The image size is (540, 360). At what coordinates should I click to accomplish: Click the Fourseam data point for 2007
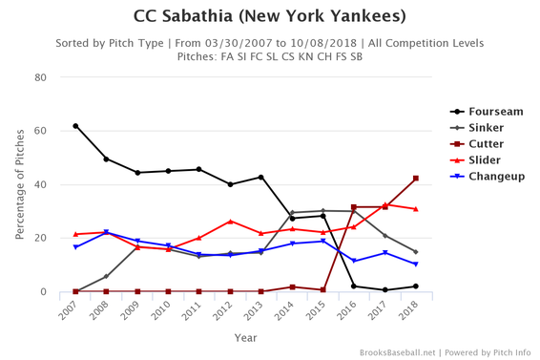(x=75, y=126)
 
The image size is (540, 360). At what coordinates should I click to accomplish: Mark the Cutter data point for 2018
(x=415, y=179)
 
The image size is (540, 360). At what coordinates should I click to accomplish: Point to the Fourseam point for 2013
(x=260, y=178)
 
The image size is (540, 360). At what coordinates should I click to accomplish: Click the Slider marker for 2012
(x=230, y=222)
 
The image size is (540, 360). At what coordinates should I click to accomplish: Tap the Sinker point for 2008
(x=106, y=277)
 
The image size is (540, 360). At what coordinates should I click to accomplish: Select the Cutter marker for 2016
(x=353, y=207)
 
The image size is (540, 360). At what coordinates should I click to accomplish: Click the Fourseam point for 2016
(x=353, y=286)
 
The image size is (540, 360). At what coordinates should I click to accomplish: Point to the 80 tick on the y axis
(x=41, y=77)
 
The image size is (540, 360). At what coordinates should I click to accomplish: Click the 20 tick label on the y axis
(x=41, y=239)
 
